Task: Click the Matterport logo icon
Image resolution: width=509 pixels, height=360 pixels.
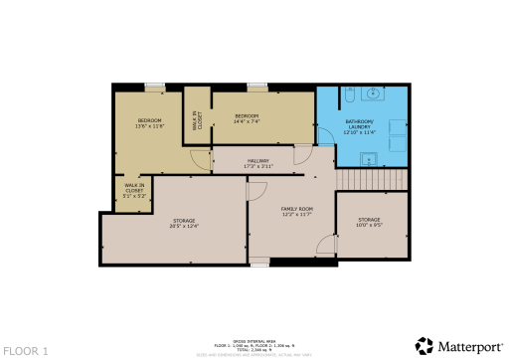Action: pyautogui.click(x=424, y=345)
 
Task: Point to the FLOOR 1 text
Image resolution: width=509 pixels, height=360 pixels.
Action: pyautogui.click(x=25, y=351)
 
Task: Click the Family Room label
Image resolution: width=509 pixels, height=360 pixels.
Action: pyautogui.click(x=297, y=208)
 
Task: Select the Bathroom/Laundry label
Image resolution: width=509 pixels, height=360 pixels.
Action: pyautogui.click(x=359, y=124)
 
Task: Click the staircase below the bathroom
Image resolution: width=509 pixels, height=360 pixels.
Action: pyautogui.click(x=372, y=179)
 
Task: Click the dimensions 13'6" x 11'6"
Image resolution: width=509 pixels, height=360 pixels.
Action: pyautogui.click(x=149, y=126)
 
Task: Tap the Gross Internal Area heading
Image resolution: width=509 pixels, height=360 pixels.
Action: pyautogui.click(x=254, y=336)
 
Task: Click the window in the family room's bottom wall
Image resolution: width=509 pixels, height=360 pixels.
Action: pyautogui.click(x=259, y=262)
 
